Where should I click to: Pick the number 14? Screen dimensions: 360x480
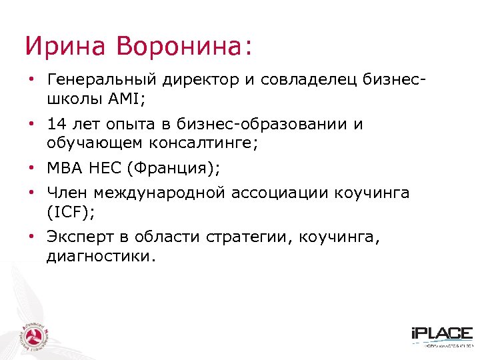[57, 125]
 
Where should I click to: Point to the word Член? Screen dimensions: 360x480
[67, 194]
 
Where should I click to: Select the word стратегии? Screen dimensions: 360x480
[250, 238]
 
